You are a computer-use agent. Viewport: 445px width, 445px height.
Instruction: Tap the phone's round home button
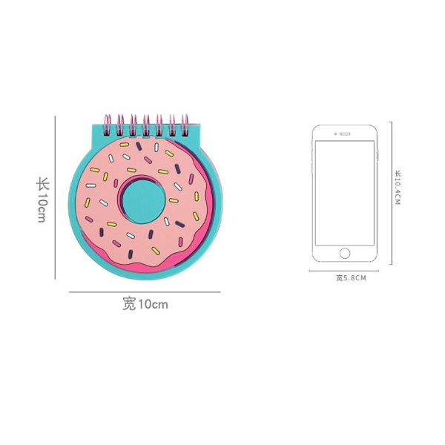pos(345,253)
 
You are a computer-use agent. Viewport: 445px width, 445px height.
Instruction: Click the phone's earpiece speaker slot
pos(345,134)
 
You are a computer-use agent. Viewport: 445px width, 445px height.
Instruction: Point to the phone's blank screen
pos(345,193)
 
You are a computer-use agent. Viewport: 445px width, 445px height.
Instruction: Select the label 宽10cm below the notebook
pos(145,304)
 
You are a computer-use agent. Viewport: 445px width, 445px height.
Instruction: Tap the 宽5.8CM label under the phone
pos(351,278)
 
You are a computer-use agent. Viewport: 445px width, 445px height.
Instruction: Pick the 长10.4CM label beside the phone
pos(398,188)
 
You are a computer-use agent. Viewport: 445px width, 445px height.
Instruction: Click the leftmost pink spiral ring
pos(108,125)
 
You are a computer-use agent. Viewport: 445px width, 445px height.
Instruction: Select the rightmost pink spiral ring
pos(185,125)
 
